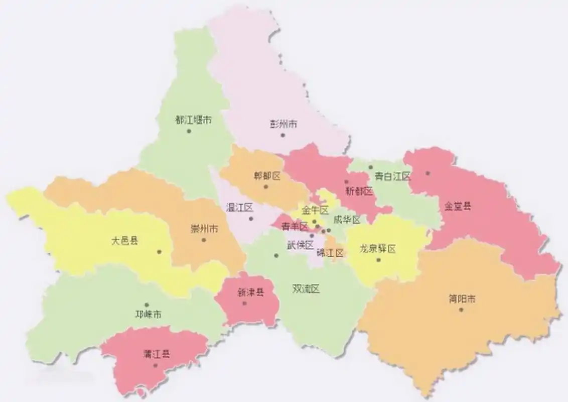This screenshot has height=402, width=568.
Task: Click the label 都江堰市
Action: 193,120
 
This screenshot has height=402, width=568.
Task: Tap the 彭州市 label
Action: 283,124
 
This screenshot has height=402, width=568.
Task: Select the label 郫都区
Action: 267,176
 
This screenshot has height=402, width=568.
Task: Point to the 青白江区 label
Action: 393,176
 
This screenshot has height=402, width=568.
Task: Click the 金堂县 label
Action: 458,206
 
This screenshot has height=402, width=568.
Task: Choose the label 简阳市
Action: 462,299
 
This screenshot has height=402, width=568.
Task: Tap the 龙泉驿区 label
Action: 378,249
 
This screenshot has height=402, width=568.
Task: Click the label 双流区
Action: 306,289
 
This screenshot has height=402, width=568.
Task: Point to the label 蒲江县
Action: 156,354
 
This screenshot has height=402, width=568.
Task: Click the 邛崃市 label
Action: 149,315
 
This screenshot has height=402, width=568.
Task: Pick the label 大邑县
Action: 124,240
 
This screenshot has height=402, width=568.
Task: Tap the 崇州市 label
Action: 204,229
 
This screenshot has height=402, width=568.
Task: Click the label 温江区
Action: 239,207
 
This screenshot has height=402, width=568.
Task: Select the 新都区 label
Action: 360,191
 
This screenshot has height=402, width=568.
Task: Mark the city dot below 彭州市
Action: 283,135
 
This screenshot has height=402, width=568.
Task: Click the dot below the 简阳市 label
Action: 461,310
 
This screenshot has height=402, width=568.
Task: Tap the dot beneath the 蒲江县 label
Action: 156,365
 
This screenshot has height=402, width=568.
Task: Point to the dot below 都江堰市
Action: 189,131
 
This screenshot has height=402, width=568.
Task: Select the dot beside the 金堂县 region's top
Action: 428,173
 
